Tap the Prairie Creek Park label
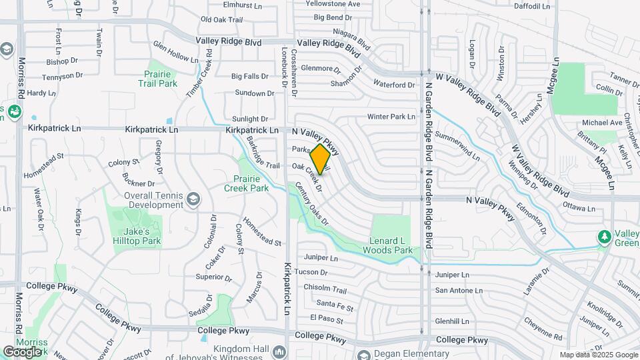(x=251, y=183)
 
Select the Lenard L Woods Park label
(x=388, y=245)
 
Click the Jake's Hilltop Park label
(x=143, y=236)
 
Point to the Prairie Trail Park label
(x=158, y=79)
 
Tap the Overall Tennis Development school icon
(x=193, y=198)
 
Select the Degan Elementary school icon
(x=363, y=354)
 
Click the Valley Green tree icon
(x=604, y=237)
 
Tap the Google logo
(x=22, y=351)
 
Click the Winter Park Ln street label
(x=391, y=117)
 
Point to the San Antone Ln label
(x=458, y=290)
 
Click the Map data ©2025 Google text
(x=598, y=355)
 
